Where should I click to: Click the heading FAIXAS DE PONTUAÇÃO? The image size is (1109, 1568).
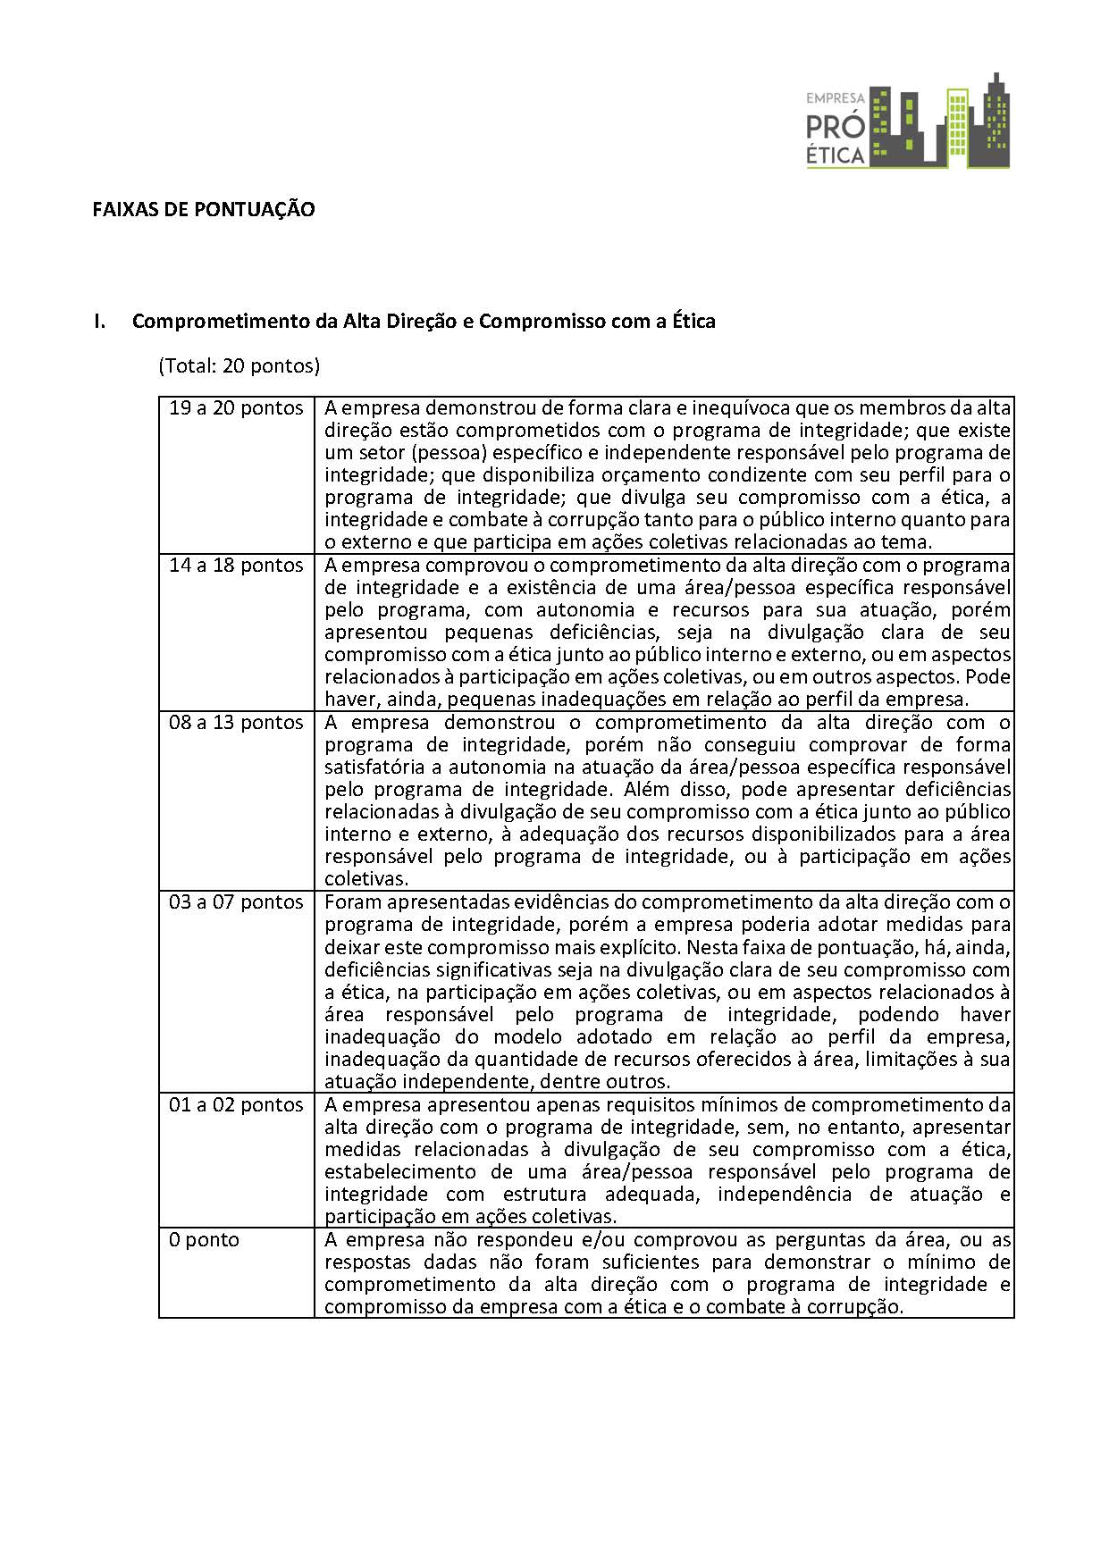click(204, 210)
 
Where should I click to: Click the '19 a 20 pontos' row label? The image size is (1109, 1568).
click(236, 408)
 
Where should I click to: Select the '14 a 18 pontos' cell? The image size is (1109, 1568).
click(236, 566)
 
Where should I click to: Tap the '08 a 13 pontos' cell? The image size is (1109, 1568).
click(236, 723)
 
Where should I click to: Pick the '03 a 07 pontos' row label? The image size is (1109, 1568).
click(236, 902)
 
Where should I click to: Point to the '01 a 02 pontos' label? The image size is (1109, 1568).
click(236, 1105)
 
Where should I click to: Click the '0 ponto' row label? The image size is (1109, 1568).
click(205, 1240)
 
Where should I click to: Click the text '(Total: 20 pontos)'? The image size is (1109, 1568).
click(239, 365)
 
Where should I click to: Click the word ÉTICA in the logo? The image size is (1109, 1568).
click(836, 155)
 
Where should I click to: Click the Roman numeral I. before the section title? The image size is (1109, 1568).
click(100, 322)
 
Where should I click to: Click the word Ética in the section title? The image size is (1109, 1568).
click(693, 322)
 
